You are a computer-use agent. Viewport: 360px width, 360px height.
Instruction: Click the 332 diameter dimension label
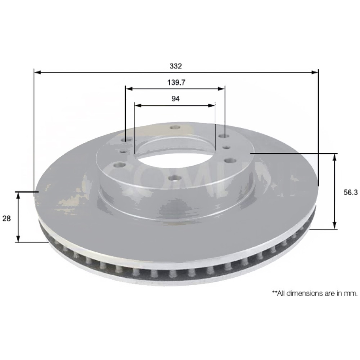click(x=176, y=66)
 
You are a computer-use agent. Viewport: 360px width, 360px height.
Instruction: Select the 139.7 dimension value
click(x=175, y=83)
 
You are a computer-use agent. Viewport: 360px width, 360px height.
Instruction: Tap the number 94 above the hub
click(x=176, y=99)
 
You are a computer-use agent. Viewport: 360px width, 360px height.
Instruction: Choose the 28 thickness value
click(x=7, y=218)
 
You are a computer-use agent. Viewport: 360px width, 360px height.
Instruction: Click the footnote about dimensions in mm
click(x=315, y=294)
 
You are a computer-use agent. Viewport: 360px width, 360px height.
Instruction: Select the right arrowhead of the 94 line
click(x=212, y=105)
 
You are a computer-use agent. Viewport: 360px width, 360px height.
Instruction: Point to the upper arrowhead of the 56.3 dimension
click(x=335, y=157)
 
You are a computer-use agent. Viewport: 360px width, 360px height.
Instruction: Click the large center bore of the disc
click(x=174, y=153)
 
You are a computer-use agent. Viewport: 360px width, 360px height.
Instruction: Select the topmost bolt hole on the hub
click(x=174, y=127)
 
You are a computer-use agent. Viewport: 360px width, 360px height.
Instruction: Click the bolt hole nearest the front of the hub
click(x=172, y=178)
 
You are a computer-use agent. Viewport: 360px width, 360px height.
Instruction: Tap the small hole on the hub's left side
click(x=123, y=151)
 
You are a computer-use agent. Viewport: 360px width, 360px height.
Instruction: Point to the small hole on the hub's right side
click(x=227, y=148)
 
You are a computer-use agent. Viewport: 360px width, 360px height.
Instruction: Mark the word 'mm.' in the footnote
click(x=351, y=294)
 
